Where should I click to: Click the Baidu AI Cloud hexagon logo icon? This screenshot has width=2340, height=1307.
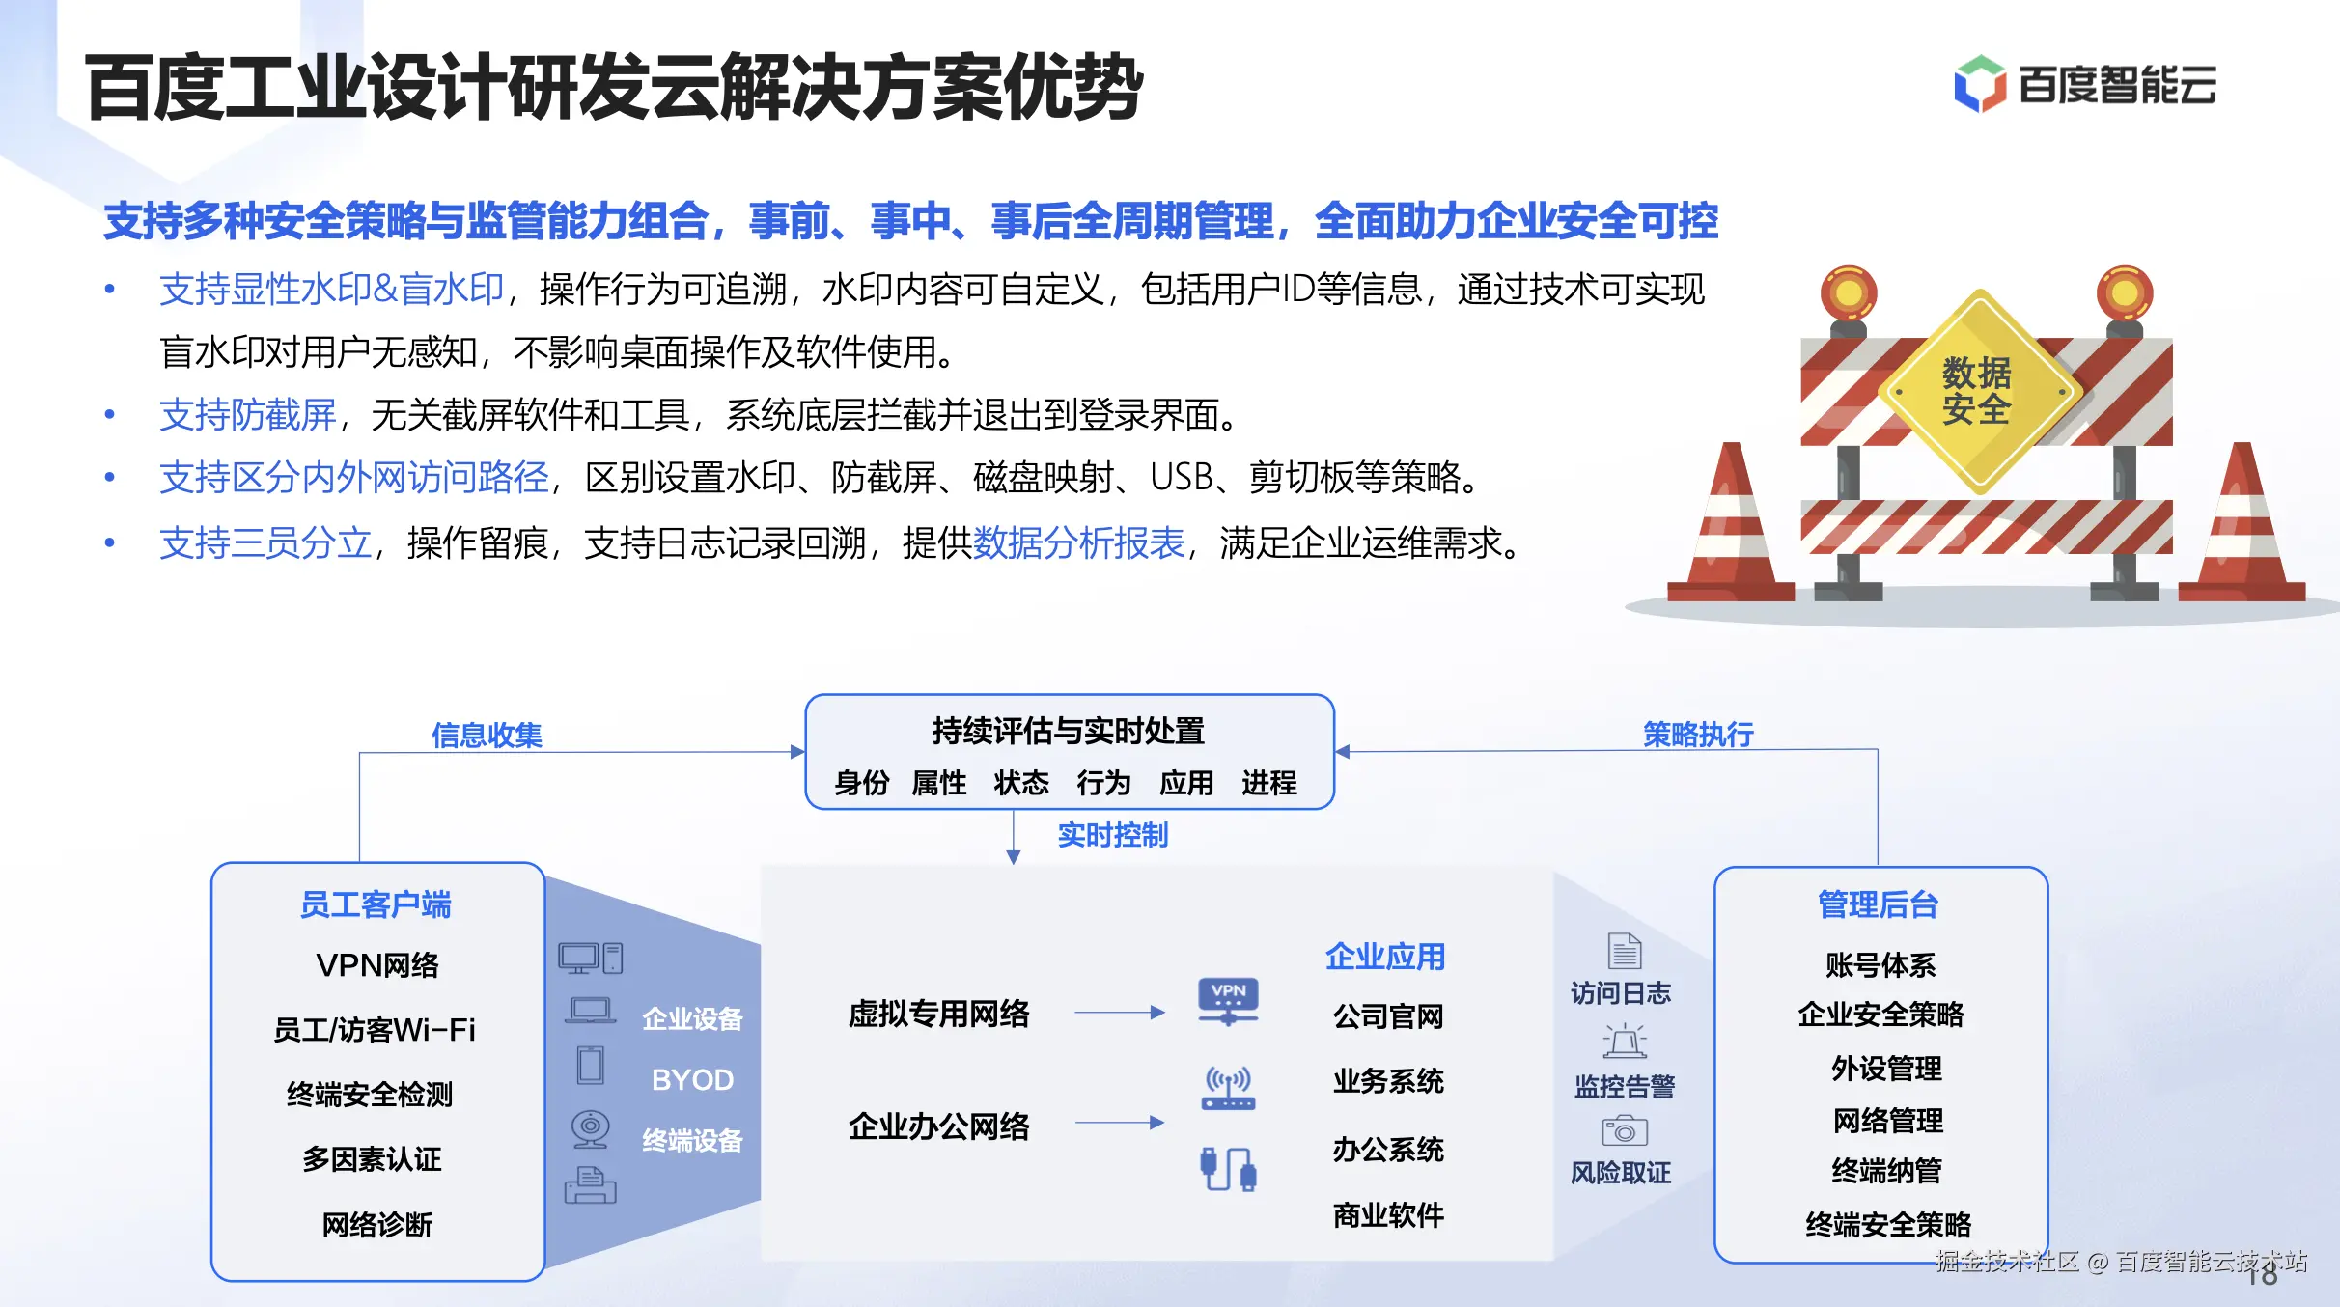[x=1980, y=84]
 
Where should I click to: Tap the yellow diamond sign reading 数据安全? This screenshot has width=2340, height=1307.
[x=1978, y=392]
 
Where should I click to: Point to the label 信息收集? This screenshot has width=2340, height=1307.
[x=487, y=736]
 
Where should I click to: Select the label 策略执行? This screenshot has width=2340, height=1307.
[x=1698, y=735]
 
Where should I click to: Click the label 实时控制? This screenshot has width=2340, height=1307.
[x=1112, y=835]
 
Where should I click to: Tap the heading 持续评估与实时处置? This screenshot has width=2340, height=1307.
[x=1069, y=731]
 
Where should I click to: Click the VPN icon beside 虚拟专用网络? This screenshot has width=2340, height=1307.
[x=1228, y=1001]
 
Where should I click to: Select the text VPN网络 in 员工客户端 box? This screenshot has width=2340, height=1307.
[x=377, y=965]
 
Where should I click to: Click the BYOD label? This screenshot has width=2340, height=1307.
[x=692, y=1079]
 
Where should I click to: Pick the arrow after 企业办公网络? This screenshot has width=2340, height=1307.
[x=1120, y=1123]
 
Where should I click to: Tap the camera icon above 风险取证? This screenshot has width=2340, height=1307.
[x=1625, y=1129]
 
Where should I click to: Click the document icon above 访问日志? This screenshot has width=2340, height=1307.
[x=1625, y=951]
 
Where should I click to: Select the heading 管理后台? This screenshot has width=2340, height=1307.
[x=1878, y=904]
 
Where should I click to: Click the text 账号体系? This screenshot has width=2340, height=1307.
[x=1880, y=965]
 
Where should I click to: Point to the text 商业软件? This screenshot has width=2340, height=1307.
[x=1388, y=1215]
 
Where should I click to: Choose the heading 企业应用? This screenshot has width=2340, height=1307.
[x=1385, y=957]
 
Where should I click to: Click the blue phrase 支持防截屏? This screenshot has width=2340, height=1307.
[x=248, y=415]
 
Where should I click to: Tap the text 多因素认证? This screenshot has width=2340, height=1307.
[x=372, y=1159]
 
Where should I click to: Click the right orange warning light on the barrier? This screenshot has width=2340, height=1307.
[x=2125, y=294]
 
